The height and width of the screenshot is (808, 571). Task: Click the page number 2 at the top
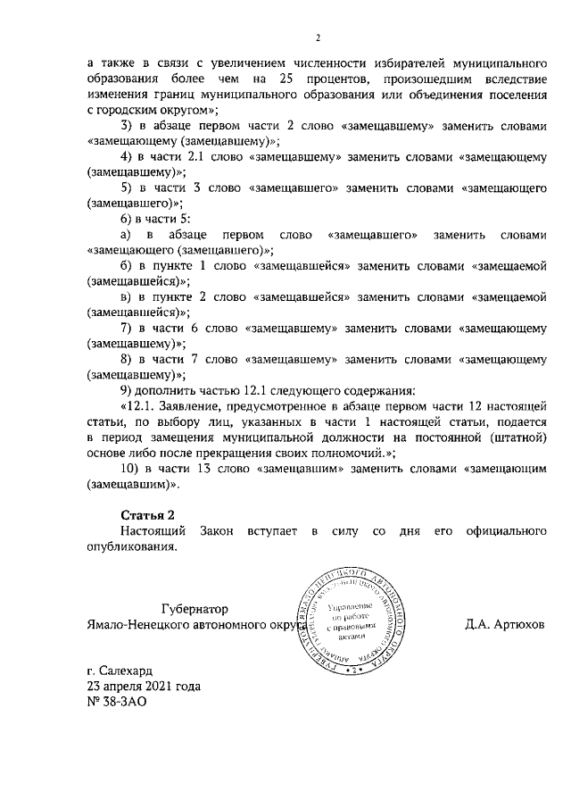(317, 37)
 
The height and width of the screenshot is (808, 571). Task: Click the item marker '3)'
(127, 125)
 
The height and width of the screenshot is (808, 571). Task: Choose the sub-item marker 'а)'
(127, 235)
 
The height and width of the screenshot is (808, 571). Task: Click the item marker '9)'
(127, 391)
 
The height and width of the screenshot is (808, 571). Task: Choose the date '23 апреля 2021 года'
(144, 687)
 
